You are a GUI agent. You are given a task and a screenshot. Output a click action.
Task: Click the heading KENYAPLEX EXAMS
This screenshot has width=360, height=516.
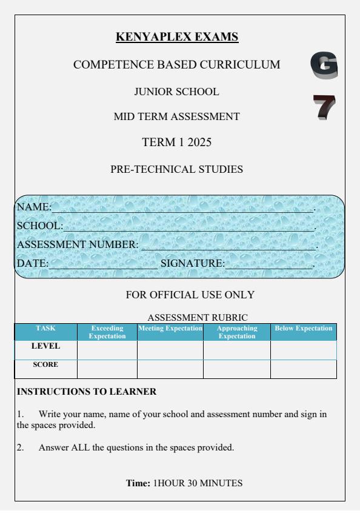pyautogui.click(x=177, y=38)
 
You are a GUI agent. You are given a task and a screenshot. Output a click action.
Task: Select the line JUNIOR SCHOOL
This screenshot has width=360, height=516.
pyautogui.click(x=176, y=92)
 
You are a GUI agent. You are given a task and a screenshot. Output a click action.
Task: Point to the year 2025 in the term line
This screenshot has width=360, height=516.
pyautogui.click(x=198, y=143)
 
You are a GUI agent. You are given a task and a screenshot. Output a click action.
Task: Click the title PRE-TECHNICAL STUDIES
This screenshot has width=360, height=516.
pyautogui.click(x=176, y=170)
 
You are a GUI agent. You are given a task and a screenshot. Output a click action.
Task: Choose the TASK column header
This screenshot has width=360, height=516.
pyautogui.click(x=45, y=328)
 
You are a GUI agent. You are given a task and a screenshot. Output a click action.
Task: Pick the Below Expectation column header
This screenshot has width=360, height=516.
pyautogui.click(x=304, y=328)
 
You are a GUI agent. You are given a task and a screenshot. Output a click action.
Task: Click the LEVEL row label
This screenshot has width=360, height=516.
pyautogui.click(x=45, y=346)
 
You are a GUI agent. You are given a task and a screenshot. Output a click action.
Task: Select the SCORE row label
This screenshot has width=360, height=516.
pyautogui.click(x=45, y=366)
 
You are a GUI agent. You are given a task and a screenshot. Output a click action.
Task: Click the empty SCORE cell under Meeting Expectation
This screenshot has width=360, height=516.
pyautogui.click(x=170, y=369)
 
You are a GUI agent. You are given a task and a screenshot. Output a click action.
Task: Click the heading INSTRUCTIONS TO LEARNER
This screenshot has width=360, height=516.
pyautogui.click(x=87, y=392)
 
